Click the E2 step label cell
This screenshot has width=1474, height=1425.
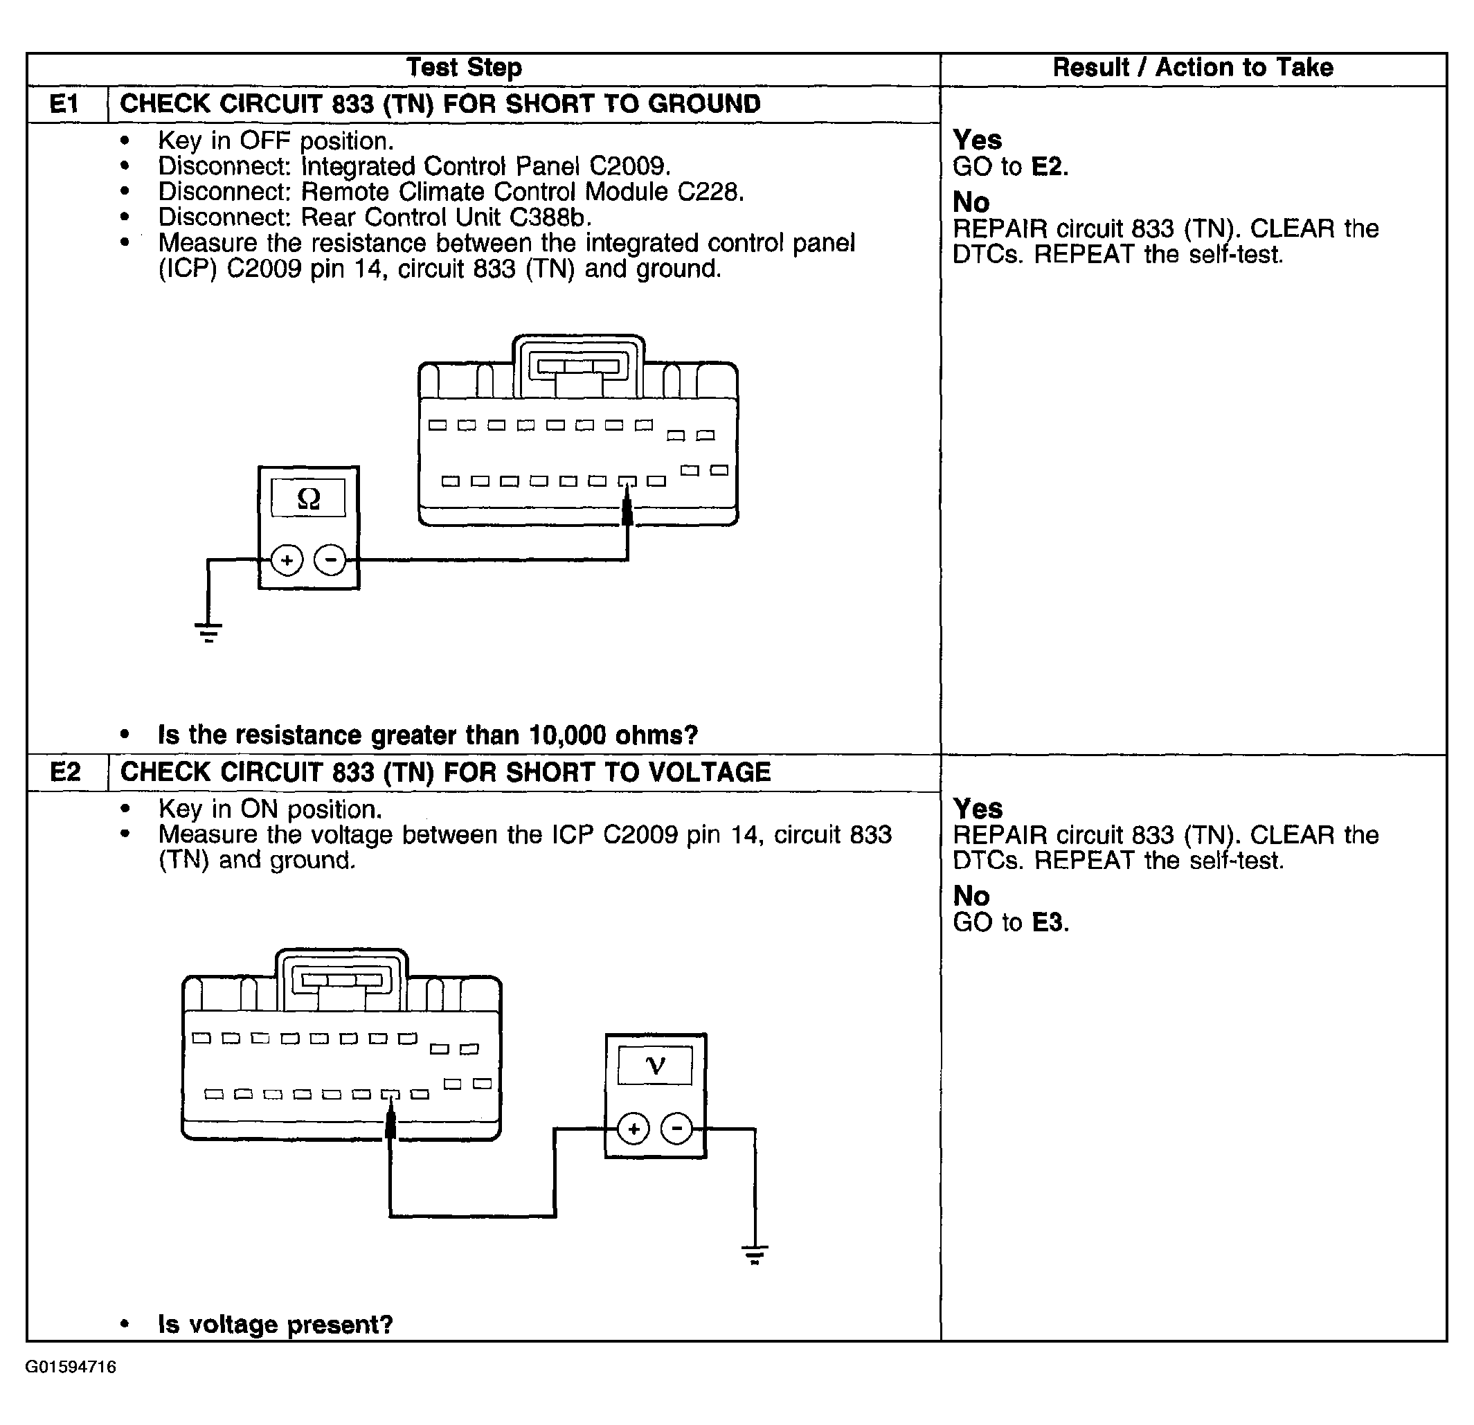click(66, 772)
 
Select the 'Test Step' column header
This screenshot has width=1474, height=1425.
click(464, 68)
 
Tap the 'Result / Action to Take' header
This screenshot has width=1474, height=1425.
click(1193, 68)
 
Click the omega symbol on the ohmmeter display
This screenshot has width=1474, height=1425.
click(308, 498)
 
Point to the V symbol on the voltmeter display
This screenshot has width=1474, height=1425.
click(656, 1066)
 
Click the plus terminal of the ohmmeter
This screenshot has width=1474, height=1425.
click(287, 560)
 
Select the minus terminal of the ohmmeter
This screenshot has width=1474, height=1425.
click(330, 560)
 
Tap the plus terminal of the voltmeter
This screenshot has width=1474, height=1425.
click(634, 1129)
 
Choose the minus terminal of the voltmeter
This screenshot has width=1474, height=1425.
click(677, 1129)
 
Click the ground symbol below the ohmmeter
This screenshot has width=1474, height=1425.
click(208, 631)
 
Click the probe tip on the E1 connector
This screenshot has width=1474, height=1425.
click(627, 511)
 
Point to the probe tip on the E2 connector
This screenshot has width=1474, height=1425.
click(390, 1125)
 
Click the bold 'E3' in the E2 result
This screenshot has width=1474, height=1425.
click(1049, 923)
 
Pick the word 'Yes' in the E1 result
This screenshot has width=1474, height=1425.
click(977, 140)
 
